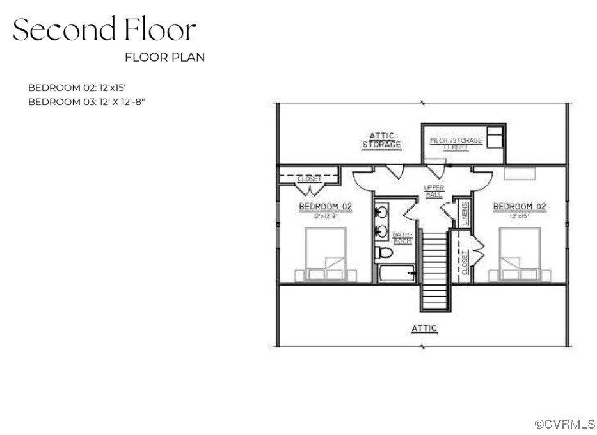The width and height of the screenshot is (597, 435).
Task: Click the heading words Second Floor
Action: point(104,30)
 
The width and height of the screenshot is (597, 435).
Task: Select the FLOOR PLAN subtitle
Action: point(164,57)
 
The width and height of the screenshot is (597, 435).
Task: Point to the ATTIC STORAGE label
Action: point(381,140)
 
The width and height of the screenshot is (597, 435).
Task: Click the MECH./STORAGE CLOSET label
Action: point(456,143)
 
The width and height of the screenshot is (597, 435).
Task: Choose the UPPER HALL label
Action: point(434,190)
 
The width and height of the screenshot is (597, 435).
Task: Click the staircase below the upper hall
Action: point(433,269)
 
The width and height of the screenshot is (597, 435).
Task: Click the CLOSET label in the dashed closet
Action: point(310,179)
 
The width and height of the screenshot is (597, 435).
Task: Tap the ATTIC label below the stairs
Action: point(424,328)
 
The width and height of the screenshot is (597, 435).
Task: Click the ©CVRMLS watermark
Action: point(565,424)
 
